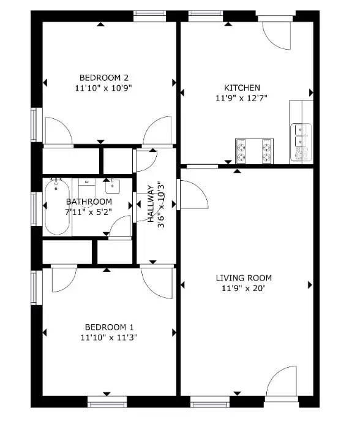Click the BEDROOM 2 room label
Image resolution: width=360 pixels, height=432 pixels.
click(x=103, y=77)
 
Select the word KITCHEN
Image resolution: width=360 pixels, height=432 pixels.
click(x=242, y=88)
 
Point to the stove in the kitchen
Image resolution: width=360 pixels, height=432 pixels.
click(x=253, y=151)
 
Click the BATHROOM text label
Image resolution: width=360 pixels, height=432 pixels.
click(x=89, y=202)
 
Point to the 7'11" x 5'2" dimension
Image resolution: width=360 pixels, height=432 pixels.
click(x=89, y=211)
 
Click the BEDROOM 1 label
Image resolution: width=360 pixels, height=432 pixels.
click(x=108, y=327)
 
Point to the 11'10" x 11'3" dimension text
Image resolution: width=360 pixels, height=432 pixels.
click(x=108, y=337)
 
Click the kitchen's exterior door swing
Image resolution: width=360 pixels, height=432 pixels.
click(x=276, y=34)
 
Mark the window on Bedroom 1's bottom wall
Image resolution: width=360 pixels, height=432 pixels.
click(x=107, y=402)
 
